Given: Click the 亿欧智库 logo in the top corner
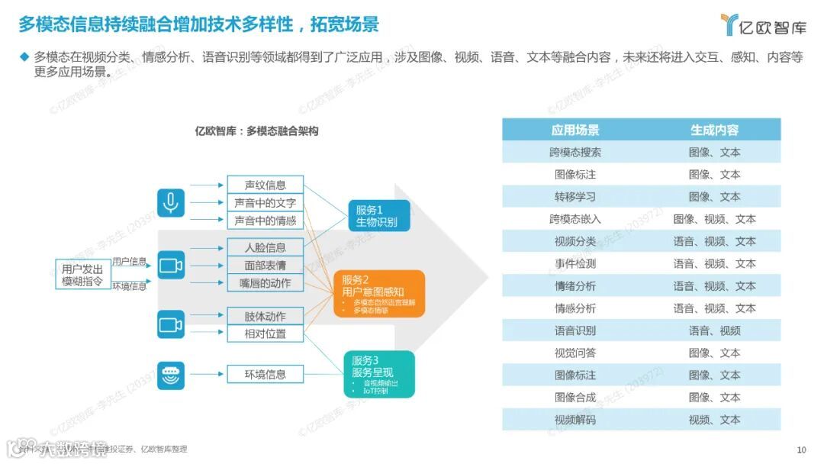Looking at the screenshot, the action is [x=763, y=25].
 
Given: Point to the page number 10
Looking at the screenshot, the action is [x=801, y=449].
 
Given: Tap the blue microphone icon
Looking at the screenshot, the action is [x=171, y=203].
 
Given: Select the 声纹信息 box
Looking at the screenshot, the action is [x=266, y=185].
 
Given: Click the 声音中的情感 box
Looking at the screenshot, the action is [x=266, y=221].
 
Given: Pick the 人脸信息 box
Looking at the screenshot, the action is [x=266, y=247].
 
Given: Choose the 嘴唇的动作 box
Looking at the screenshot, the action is [x=266, y=283].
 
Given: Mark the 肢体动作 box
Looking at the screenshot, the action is [x=266, y=316].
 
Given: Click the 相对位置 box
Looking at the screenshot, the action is [x=266, y=333].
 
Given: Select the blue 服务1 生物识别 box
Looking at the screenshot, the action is [x=379, y=216].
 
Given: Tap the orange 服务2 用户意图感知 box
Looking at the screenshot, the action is [x=378, y=293].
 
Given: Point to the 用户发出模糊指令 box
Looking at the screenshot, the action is [x=82, y=274].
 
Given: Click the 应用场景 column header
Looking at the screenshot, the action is [x=575, y=130].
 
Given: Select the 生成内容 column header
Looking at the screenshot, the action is [x=714, y=130].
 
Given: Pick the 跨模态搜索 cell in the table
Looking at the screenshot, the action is [x=575, y=152].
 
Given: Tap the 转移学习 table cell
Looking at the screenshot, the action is [x=575, y=197].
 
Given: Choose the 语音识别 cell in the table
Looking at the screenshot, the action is [x=575, y=330].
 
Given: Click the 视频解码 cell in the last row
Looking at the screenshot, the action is [x=575, y=420].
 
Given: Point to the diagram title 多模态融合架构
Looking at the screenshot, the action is [x=256, y=131].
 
